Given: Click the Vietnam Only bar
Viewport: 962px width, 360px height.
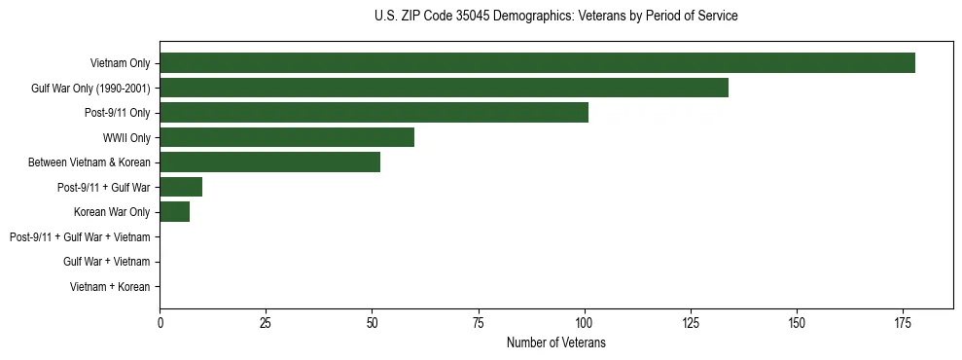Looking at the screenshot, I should (537, 63).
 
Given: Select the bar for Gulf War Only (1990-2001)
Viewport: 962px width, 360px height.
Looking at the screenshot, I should (444, 88).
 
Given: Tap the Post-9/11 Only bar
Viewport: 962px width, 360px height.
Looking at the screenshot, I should (374, 113).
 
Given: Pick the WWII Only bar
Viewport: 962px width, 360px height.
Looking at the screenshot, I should (287, 137).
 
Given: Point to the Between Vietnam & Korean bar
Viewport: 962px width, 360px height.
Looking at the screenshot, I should (269, 162).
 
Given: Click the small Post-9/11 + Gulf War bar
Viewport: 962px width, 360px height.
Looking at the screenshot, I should (181, 187).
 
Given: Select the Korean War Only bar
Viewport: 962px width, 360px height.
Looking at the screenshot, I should (174, 212).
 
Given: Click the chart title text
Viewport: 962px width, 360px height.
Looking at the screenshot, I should (555, 17).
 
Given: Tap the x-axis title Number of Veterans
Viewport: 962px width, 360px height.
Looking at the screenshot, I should (555, 342).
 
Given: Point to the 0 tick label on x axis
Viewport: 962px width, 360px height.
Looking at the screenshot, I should (160, 322).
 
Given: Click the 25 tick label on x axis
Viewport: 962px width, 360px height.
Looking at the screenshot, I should (266, 322).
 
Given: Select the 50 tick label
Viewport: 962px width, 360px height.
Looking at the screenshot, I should (372, 322).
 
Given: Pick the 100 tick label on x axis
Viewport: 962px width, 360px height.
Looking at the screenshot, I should (584, 322).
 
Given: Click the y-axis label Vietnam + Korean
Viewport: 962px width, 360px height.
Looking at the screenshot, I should (110, 287).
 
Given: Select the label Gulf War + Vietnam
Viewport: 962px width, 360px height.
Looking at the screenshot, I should (106, 262).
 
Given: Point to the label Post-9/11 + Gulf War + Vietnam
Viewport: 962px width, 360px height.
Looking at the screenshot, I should (80, 237).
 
